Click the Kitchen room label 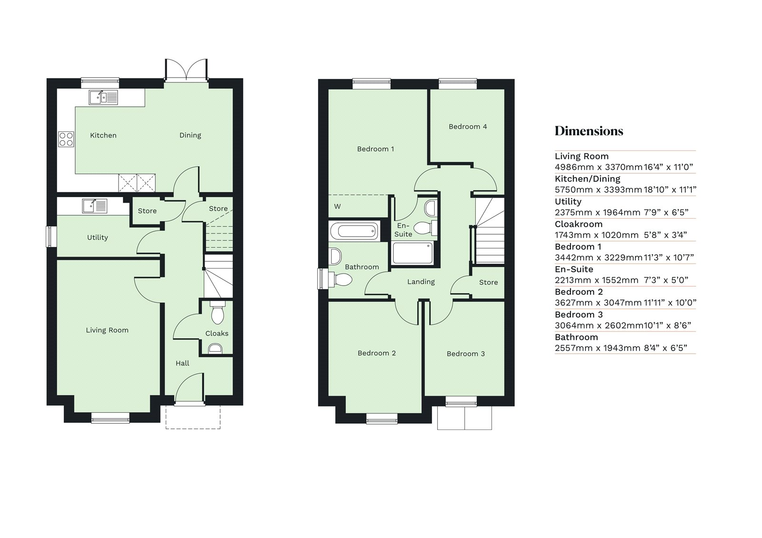tap(103, 135)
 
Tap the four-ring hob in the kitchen tap(66, 139)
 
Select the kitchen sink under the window tap(103, 98)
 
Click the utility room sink tap(95, 206)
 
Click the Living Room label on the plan tap(107, 330)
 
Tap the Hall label tap(182, 363)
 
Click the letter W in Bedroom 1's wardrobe tap(337, 207)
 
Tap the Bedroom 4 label tap(468, 127)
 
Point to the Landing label tap(421, 282)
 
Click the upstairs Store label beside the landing tap(488, 282)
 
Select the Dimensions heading tap(589, 131)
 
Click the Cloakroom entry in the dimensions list tap(579, 224)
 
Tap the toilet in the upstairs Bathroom tap(342, 279)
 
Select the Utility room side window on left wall tap(49, 237)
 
